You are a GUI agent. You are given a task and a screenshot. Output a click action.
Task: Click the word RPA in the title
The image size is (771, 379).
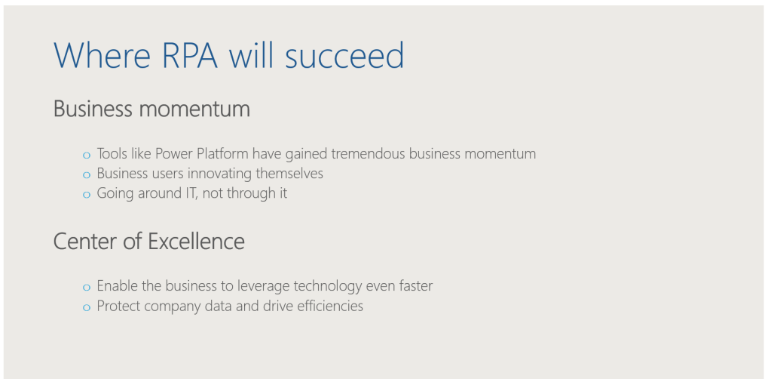pyautogui.click(x=189, y=55)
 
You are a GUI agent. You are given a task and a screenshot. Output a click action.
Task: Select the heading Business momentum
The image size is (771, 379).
pyautogui.click(x=151, y=109)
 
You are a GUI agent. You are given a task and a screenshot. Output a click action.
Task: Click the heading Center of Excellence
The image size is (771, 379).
pyautogui.click(x=149, y=241)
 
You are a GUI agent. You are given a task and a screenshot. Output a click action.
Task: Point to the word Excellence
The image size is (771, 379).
pyautogui.click(x=196, y=241)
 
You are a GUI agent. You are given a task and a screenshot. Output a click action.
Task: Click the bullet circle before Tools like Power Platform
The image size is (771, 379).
pyautogui.click(x=87, y=156)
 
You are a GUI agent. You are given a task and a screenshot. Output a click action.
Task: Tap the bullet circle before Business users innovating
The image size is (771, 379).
pyautogui.click(x=87, y=175)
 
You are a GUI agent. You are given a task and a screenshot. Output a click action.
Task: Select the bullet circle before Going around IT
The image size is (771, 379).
pyautogui.click(x=87, y=195)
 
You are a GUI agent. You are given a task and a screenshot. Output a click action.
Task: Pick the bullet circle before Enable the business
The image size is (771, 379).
pyautogui.click(x=87, y=288)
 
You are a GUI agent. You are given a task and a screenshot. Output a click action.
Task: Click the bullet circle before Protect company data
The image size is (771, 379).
pyautogui.click(x=87, y=307)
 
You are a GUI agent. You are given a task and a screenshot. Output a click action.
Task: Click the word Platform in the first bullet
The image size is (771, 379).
pyautogui.click(x=222, y=154)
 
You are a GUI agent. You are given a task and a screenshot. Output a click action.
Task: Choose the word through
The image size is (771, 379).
pyautogui.click(x=251, y=194)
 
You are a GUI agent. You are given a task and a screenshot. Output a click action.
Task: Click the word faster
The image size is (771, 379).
pyautogui.click(x=416, y=286)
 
